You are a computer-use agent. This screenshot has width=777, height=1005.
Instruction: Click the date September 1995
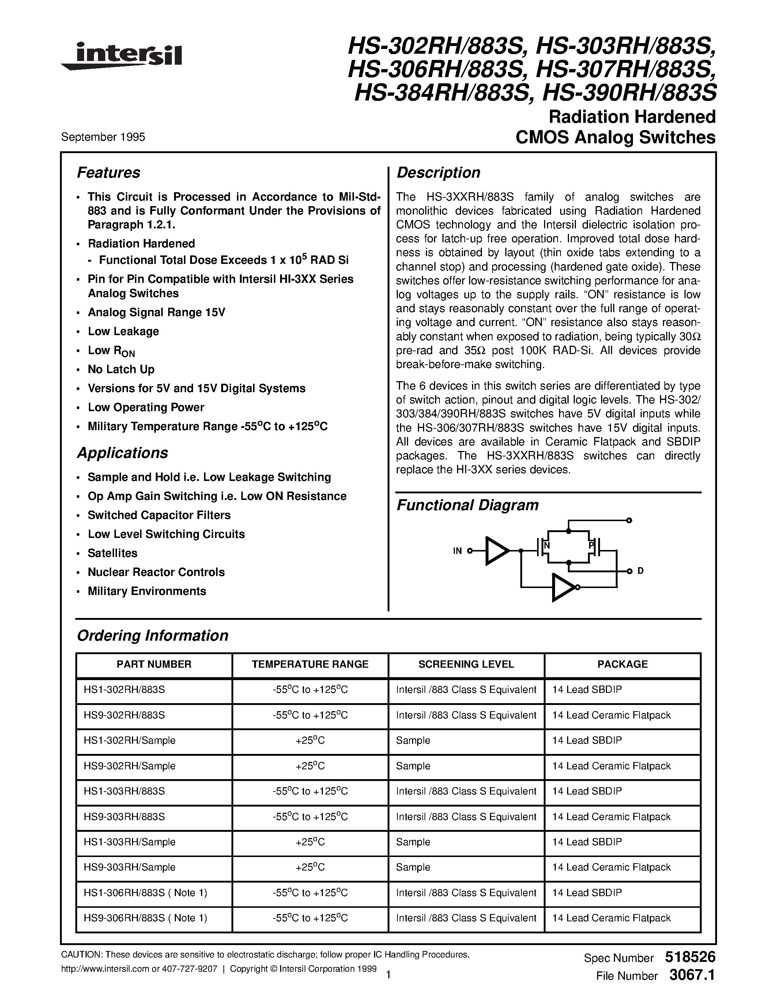(x=103, y=137)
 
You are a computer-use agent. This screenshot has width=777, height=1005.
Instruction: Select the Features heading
(x=108, y=172)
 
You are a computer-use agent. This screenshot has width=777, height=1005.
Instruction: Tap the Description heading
(x=438, y=172)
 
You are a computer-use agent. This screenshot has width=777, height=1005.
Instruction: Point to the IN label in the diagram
(x=457, y=551)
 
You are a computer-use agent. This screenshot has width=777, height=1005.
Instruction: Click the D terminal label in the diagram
(x=640, y=571)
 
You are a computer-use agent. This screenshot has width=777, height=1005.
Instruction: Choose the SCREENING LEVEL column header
(x=466, y=664)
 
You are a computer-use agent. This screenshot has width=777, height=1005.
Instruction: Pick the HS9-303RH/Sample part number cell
(x=130, y=867)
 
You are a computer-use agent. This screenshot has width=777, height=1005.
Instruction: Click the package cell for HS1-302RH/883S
(x=587, y=689)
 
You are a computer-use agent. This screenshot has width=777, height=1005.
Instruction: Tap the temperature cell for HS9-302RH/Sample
(x=310, y=766)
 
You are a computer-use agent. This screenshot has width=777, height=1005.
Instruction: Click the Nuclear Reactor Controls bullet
(x=156, y=572)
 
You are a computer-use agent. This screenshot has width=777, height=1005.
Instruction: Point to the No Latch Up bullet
(x=121, y=369)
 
